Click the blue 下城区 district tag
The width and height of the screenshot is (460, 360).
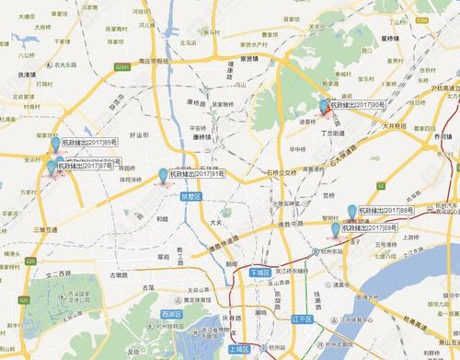tap(261, 273)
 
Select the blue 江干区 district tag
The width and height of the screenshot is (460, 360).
tap(302, 319)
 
